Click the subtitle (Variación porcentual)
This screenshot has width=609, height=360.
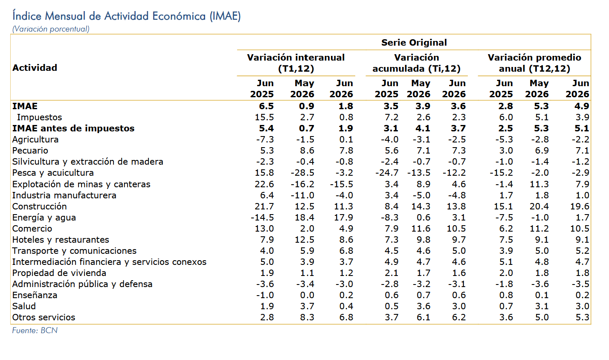[51, 29]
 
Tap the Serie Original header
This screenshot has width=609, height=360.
[414, 43]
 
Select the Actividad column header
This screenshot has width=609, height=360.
[35, 68]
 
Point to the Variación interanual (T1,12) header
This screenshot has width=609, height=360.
[296, 63]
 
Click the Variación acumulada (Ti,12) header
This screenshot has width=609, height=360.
[417, 63]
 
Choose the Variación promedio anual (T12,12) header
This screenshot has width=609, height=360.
[534, 63]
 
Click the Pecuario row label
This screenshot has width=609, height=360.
[30, 151]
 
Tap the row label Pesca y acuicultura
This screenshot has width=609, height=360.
[53, 173]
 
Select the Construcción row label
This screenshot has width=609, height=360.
[39, 206]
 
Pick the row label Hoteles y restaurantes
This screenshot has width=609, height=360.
[61, 240]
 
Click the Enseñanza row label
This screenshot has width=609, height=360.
[35, 295]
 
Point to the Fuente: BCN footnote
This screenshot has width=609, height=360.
[35, 331]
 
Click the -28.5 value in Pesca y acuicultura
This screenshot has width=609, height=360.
[302, 173]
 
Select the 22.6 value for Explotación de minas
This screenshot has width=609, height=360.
[264, 184]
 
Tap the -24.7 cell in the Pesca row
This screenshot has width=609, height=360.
[387, 173]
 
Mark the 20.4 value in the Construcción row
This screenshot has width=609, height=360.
[539, 206]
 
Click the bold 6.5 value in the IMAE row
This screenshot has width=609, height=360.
[266, 106]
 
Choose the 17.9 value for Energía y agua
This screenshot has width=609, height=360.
[343, 218]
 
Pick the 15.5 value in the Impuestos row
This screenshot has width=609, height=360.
[264, 117]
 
